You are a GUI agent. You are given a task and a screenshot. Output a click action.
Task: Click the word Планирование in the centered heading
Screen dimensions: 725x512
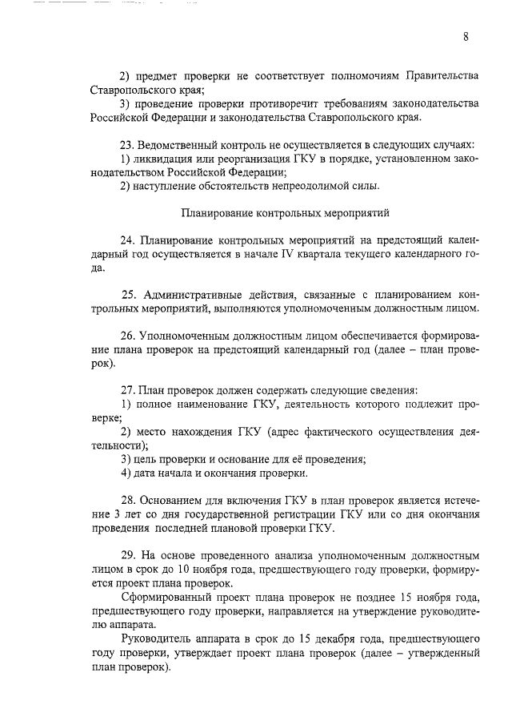pyautogui.click(x=216, y=214)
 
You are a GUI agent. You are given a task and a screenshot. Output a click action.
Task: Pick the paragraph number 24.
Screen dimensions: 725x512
pyautogui.click(x=126, y=241)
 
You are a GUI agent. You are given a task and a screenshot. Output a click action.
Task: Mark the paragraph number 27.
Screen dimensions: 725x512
pyautogui.click(x=126, y=390)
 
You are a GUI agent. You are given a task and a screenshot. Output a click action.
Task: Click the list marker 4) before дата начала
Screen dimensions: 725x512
pyautogui.click(x=126, y=473)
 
